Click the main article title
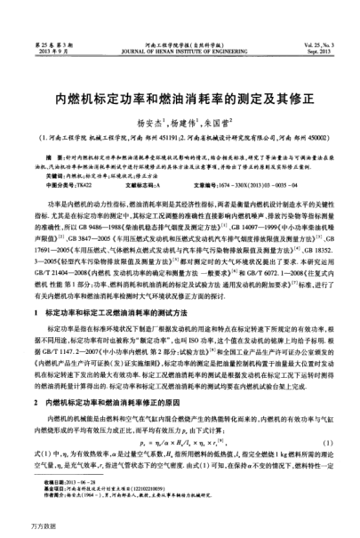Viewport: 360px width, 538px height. (x=180, y=76)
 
